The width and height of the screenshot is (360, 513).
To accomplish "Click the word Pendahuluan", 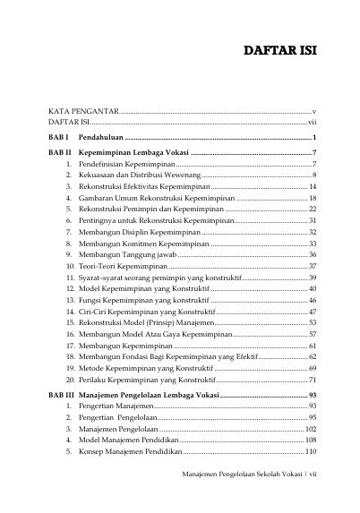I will (100, 136).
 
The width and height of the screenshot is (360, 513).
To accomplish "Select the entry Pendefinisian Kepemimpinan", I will (126, 167).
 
